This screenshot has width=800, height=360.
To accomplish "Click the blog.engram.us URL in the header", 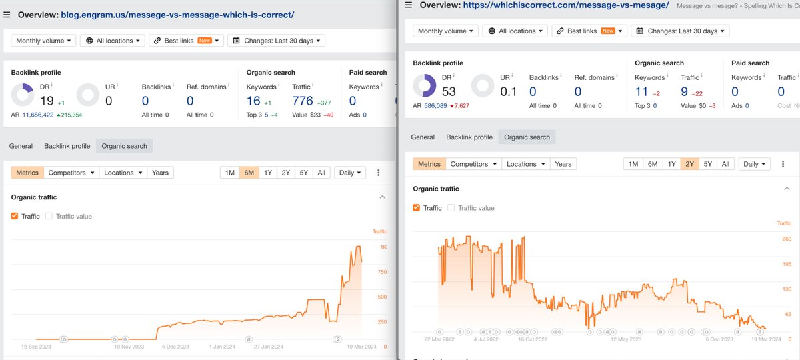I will pyautogui.click(x=177, y=15).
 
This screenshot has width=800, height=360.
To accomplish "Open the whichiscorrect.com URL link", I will pyautogui.click(x=566, y=5).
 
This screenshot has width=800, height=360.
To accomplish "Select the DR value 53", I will pyautogui.click(x=449, y=91).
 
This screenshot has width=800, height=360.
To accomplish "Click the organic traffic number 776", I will pyautogui.click(x=302, y=101).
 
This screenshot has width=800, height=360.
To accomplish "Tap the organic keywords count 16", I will pyautogui.click(x=253, y=101).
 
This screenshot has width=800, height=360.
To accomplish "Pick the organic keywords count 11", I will pyautogui.click(x=641, y=92).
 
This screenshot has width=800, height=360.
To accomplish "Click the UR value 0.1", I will pyautogui.click(x=509, y=91).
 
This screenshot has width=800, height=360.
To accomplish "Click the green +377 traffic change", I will pyautogui.click(x=324, y=103).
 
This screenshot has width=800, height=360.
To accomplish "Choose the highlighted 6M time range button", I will pyautogui.click(x=249, y=173).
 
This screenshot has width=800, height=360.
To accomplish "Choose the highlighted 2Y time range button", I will pyautogui.click(x=689, y=164).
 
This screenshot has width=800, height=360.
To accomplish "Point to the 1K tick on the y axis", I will pyautogui.click(x=383, y=247).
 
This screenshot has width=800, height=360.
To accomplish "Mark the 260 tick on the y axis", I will pyautogui.click(x=786, y=239).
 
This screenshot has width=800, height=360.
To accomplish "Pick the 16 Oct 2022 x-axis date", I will pyautogui.click(x=533, y=339).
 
